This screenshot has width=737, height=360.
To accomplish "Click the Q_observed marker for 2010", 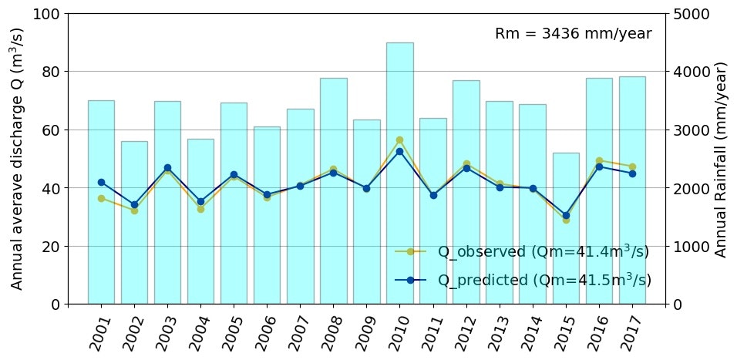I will click(399, 140).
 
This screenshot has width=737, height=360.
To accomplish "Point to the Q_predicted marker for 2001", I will click(101, 183).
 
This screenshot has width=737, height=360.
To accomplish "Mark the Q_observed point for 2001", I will click(101, 198).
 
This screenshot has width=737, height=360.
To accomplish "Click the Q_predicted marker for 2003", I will click(167, 167).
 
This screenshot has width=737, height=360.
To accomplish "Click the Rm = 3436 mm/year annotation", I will click(573, 34).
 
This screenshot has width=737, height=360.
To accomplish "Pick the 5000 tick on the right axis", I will click(691, 14).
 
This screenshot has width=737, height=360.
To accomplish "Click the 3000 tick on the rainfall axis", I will click(691, 130).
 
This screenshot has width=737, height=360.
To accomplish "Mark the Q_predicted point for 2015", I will click(566, 216).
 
